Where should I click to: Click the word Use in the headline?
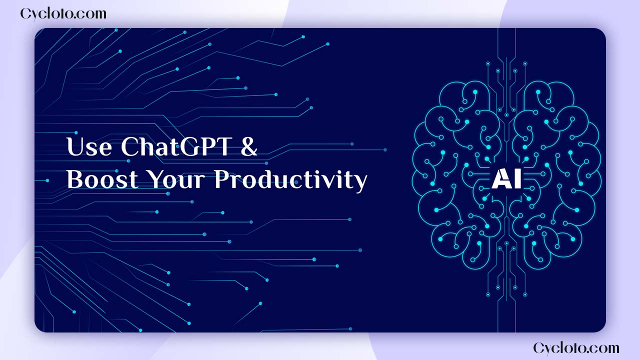[89, 146]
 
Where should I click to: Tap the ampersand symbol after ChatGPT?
[248, 146]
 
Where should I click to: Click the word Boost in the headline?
[102, 179]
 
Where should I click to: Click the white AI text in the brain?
[506, 179]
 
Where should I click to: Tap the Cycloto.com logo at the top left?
[63, 14]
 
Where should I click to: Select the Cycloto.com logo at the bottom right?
[576, 348]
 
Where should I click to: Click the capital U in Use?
[75, 146]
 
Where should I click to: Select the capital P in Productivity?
[222, 179]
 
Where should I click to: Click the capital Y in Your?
[157, 179]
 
